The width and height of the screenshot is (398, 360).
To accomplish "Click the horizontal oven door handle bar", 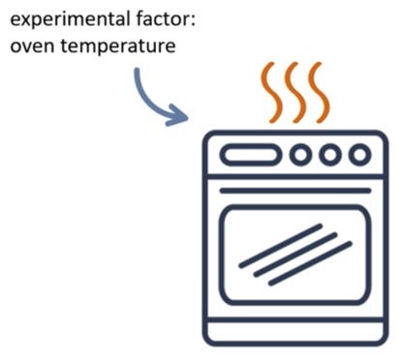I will (295, 191).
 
